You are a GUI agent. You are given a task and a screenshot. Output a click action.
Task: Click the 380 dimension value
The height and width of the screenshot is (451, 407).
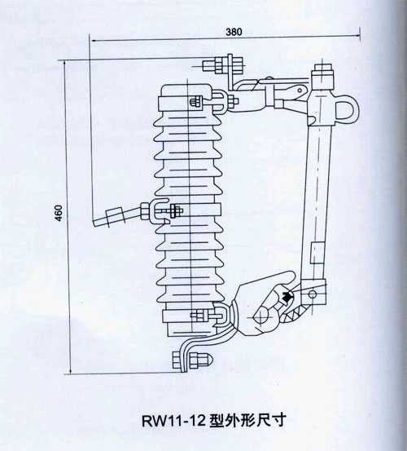pyautogui.click(x=234, y=32)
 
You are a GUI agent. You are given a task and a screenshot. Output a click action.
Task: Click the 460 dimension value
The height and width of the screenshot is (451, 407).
pyautogui.click(x=59, y=213)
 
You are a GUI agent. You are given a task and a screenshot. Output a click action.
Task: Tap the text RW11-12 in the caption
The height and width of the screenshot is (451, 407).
pyautogui.click(x=174, y=421)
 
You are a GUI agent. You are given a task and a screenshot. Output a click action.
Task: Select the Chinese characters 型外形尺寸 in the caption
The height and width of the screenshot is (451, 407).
pyautogui.click(x=247, y=421)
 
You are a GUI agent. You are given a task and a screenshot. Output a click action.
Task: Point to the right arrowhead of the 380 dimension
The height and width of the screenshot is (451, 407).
pyautogui.click(x=357, y=35)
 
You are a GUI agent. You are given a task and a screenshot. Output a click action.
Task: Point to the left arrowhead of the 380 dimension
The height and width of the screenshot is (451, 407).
pyautogui.click(x=93, y=40)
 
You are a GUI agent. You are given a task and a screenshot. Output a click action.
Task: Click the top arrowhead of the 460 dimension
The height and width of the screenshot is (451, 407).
pyautogui.click(x=65, y=64)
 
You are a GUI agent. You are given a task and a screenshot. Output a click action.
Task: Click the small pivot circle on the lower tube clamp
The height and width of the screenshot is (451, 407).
pyautogui.click(x=313, y=294)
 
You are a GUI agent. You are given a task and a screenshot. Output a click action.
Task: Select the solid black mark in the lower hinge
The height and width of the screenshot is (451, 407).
pyautogui.click(x=287, y=296)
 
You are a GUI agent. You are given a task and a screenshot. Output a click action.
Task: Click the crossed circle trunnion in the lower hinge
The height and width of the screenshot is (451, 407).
pyautogui.click(x=263, y=317)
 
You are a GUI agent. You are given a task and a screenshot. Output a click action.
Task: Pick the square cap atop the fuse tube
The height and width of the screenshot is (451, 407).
pyautogui.click(x=323, y=69)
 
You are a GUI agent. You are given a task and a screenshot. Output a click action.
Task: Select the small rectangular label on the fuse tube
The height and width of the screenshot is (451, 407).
pyautogui.click(x=317, y=253)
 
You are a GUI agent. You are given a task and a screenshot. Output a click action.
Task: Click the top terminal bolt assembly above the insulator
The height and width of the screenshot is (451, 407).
pyautogui.click(x=223, y=65)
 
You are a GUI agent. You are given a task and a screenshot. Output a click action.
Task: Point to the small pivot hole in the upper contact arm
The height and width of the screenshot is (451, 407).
pyautogui.click(x=300, y=91)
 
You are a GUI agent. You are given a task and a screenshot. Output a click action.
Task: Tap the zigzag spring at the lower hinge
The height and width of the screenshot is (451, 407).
pyautogui.click(x=295, y=313)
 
